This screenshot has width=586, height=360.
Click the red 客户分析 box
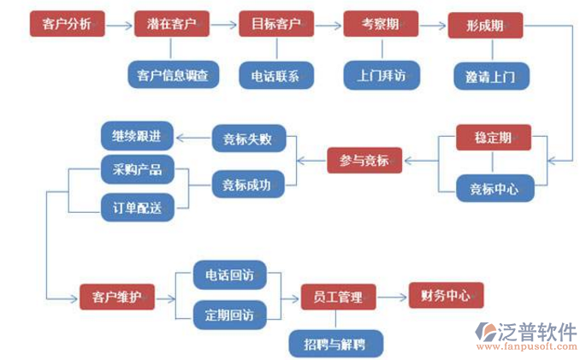[x=66, y=24]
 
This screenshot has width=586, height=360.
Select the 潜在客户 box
[x=171, y=24]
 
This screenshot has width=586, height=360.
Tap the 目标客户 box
[x=275, y=24]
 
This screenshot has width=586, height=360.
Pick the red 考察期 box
[x=381, y=24]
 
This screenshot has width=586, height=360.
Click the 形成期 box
[x=485, y=24]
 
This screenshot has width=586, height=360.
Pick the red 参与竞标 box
[x=364, y=160]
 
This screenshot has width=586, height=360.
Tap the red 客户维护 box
[x=116, y=298]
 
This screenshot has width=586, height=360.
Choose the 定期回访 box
[x=229, y=315]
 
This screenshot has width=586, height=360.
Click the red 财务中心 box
[x=446, y=296]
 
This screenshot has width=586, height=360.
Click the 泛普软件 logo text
[x=540, y=331]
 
